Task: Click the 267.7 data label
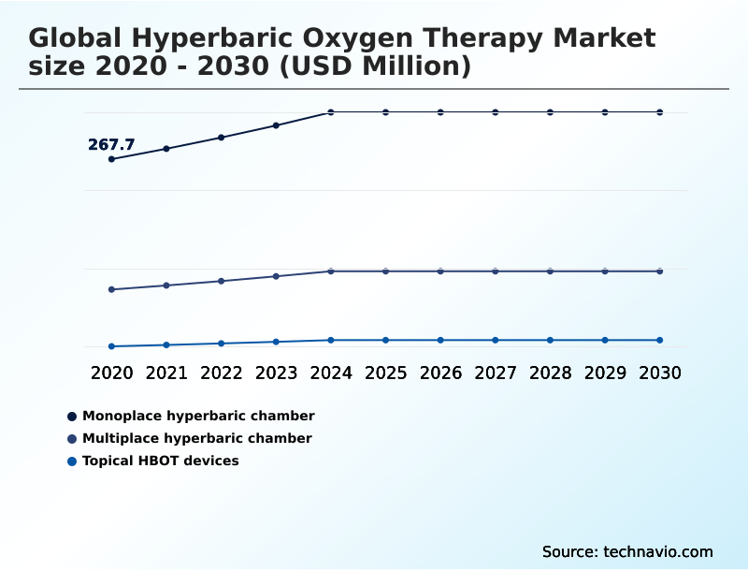click(x=111, y=144)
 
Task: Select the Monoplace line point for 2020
click(x=111, y=159)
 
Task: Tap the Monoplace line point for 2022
click(x=222, y=138)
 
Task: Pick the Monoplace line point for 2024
click(x=331, y=112)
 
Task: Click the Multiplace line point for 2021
click(x=166, y=285)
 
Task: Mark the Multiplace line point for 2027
click(x=496, y=271)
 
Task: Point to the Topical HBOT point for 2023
click(x=276, y=342)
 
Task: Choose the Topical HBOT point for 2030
click(x=660, y=340)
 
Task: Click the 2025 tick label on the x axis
click(x=385, y=373)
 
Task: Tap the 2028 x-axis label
click(x=550, y=373)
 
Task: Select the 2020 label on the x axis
click(x=111, y=373)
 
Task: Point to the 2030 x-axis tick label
click(x=660, y=373)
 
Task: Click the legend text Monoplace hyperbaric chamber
click(x=198, y=416)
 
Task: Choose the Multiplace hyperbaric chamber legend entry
click(x=197, y=438)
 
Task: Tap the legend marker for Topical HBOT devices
click(x=72, y=461)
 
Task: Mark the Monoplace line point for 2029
click(x=605, y=112)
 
